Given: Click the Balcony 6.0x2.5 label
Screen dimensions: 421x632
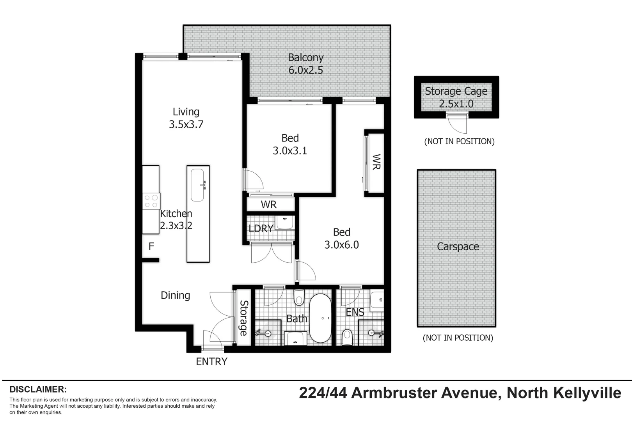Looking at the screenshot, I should [305, 64].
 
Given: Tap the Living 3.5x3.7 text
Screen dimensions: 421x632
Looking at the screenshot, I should [186, 118].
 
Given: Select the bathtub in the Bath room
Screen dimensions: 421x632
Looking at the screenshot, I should [320, 318].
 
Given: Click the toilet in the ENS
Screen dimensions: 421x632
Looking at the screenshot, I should [347, 337].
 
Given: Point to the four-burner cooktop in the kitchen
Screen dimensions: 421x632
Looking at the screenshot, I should [151, 201].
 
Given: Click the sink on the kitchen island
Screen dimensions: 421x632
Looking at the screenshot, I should [197, 185].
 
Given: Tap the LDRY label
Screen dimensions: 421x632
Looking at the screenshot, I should [261, 228].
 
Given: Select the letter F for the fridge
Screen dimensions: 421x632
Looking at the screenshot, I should [151, 246].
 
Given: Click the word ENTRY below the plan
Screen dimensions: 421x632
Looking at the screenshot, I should [211, 362].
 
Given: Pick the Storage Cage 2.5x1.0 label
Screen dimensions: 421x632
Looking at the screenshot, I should [456, 97].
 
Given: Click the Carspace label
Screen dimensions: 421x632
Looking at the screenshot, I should [458, 247].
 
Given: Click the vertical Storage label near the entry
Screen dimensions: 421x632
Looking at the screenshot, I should [243, 318].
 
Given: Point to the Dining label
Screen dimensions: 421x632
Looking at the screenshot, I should [175, 295].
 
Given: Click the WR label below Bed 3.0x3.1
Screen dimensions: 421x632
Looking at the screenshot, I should [268, 205].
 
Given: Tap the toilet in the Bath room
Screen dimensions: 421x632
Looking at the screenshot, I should [299, 298].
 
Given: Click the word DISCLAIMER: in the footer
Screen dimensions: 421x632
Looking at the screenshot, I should [38, 389].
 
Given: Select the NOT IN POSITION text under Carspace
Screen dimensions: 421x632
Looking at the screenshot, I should [458, 338].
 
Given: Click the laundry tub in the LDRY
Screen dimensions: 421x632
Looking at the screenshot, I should [285, 223].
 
